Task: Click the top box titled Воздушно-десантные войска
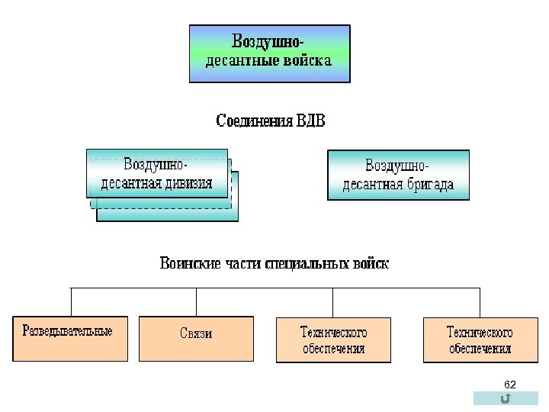coord(269,53)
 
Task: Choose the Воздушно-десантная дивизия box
coord(157,174)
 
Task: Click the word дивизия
coord(186,184)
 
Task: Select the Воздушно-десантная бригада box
coord(398,175)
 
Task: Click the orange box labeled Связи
coord(196,338)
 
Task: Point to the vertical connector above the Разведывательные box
coord(71,302)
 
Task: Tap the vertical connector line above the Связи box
coord(196,302)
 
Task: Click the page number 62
coord(510,384)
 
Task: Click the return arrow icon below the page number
coord(506,398)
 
